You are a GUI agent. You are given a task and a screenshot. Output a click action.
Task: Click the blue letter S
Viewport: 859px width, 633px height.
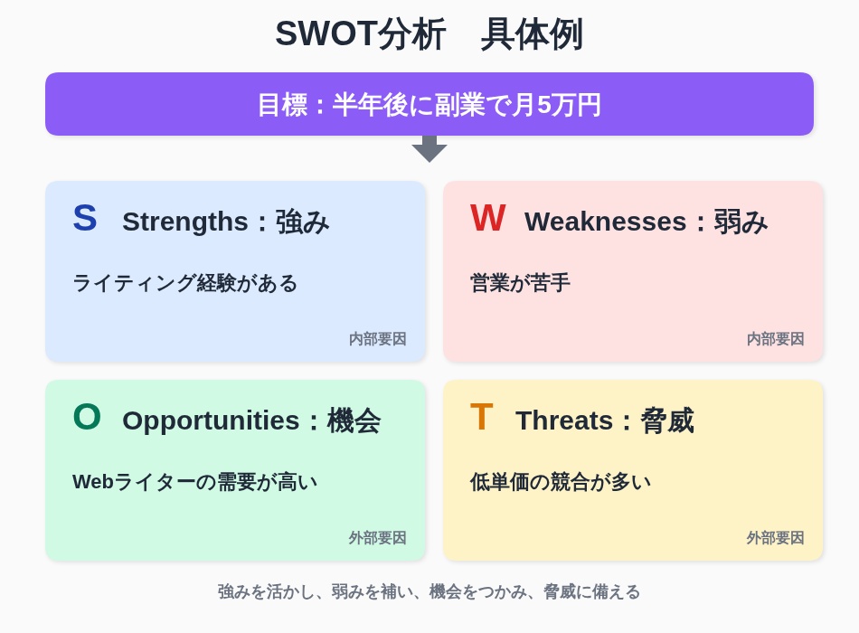85,218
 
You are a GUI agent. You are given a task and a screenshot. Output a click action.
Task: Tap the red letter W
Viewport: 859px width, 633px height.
487,218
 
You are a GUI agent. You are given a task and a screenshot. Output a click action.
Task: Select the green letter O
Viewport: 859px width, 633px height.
87,417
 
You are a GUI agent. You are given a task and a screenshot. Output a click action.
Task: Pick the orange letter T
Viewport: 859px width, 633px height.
482,417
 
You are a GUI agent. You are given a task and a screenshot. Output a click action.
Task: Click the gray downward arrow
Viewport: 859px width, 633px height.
429,149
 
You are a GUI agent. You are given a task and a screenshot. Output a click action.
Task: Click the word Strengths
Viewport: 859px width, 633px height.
185,222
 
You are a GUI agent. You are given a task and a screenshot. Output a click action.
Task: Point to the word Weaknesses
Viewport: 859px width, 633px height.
605,222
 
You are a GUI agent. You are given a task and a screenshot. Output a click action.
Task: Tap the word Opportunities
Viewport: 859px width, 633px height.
211,420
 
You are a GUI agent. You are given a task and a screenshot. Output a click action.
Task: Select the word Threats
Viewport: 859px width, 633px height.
564,420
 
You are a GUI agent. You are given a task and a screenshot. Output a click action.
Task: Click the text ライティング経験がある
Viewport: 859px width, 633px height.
185,283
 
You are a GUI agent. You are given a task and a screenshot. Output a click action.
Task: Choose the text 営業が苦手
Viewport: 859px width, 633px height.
520,283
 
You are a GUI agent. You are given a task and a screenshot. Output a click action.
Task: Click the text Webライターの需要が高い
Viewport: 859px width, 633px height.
195,482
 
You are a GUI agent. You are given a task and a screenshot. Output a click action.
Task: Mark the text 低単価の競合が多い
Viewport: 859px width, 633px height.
561,482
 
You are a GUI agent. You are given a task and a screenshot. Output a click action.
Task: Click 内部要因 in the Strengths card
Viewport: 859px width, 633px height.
377,339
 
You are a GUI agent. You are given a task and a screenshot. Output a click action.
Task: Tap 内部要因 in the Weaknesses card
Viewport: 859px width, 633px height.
775,339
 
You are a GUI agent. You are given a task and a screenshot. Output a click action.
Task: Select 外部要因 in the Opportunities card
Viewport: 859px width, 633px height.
377,538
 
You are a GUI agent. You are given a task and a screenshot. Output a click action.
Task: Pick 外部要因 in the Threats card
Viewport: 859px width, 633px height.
775,538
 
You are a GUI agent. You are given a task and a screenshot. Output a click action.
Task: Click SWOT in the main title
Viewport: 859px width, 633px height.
326,34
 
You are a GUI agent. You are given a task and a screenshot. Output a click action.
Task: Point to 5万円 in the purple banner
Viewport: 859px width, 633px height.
569,105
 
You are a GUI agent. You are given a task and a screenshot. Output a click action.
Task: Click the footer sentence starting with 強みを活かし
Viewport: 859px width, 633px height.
429,592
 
